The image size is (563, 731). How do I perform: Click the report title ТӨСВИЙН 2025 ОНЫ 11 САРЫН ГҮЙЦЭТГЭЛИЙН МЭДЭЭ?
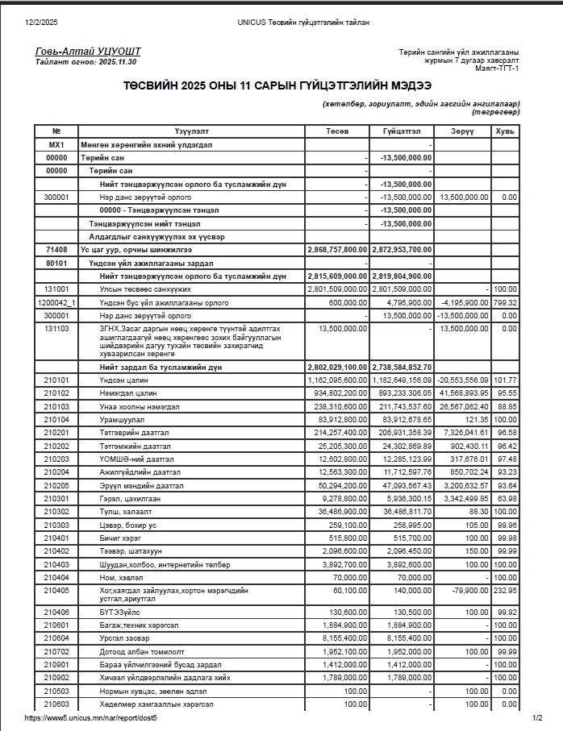coord(277,85)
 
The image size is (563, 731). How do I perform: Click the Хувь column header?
coord(506,131)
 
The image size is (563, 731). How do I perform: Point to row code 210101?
coord(56,379)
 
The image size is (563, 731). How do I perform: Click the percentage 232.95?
coord(506,590)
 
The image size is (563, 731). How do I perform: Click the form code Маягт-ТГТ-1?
coord(497,68)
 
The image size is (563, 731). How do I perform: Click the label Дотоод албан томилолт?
coord(139,651)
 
